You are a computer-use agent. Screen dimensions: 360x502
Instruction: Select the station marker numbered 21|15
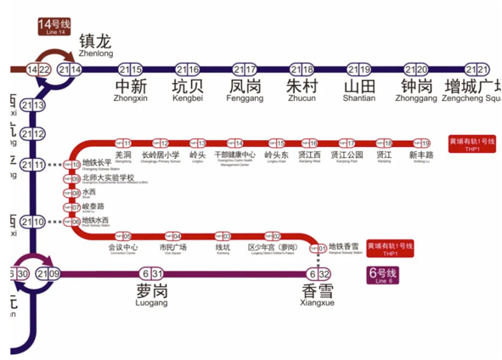[130, 70]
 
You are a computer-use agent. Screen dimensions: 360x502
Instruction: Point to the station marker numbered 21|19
[358, 70]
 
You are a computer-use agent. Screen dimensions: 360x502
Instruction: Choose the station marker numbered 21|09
[52, 273]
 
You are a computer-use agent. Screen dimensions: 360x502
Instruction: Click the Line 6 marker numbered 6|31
[153, 273]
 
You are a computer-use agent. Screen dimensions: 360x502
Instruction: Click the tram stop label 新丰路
[420, 156]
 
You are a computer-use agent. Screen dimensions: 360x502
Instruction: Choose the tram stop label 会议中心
[123, 248]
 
